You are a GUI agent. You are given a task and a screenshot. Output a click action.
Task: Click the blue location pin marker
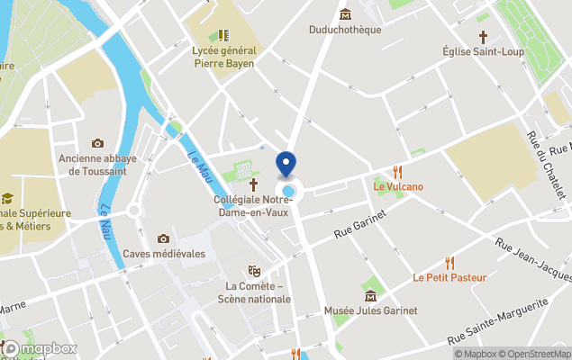point(286,165)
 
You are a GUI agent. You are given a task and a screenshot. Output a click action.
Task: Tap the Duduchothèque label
point(345,30)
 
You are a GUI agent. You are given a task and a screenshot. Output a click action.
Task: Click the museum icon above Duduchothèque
point(345,13)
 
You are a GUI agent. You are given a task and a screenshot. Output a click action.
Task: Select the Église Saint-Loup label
point(483,52)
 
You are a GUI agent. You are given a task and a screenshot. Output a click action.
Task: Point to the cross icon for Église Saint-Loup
point(483,37)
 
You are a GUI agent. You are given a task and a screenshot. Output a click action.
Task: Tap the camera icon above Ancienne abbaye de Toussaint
point(97,143)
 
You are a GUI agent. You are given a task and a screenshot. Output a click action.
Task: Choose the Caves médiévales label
point(164,254)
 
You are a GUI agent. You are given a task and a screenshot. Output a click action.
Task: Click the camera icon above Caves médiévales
point(163,238)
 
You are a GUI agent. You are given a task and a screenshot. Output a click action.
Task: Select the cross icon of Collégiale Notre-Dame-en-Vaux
point(254,183)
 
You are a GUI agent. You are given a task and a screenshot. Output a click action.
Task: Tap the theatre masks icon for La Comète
point(254,270)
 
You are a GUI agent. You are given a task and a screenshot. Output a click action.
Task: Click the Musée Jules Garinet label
point(370,310)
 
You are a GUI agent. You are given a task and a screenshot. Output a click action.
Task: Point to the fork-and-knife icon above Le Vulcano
point(397,171)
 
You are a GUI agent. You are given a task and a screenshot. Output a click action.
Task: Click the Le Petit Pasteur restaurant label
point(449,277)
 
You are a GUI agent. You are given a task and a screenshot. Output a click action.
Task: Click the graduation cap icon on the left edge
point(7,198)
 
